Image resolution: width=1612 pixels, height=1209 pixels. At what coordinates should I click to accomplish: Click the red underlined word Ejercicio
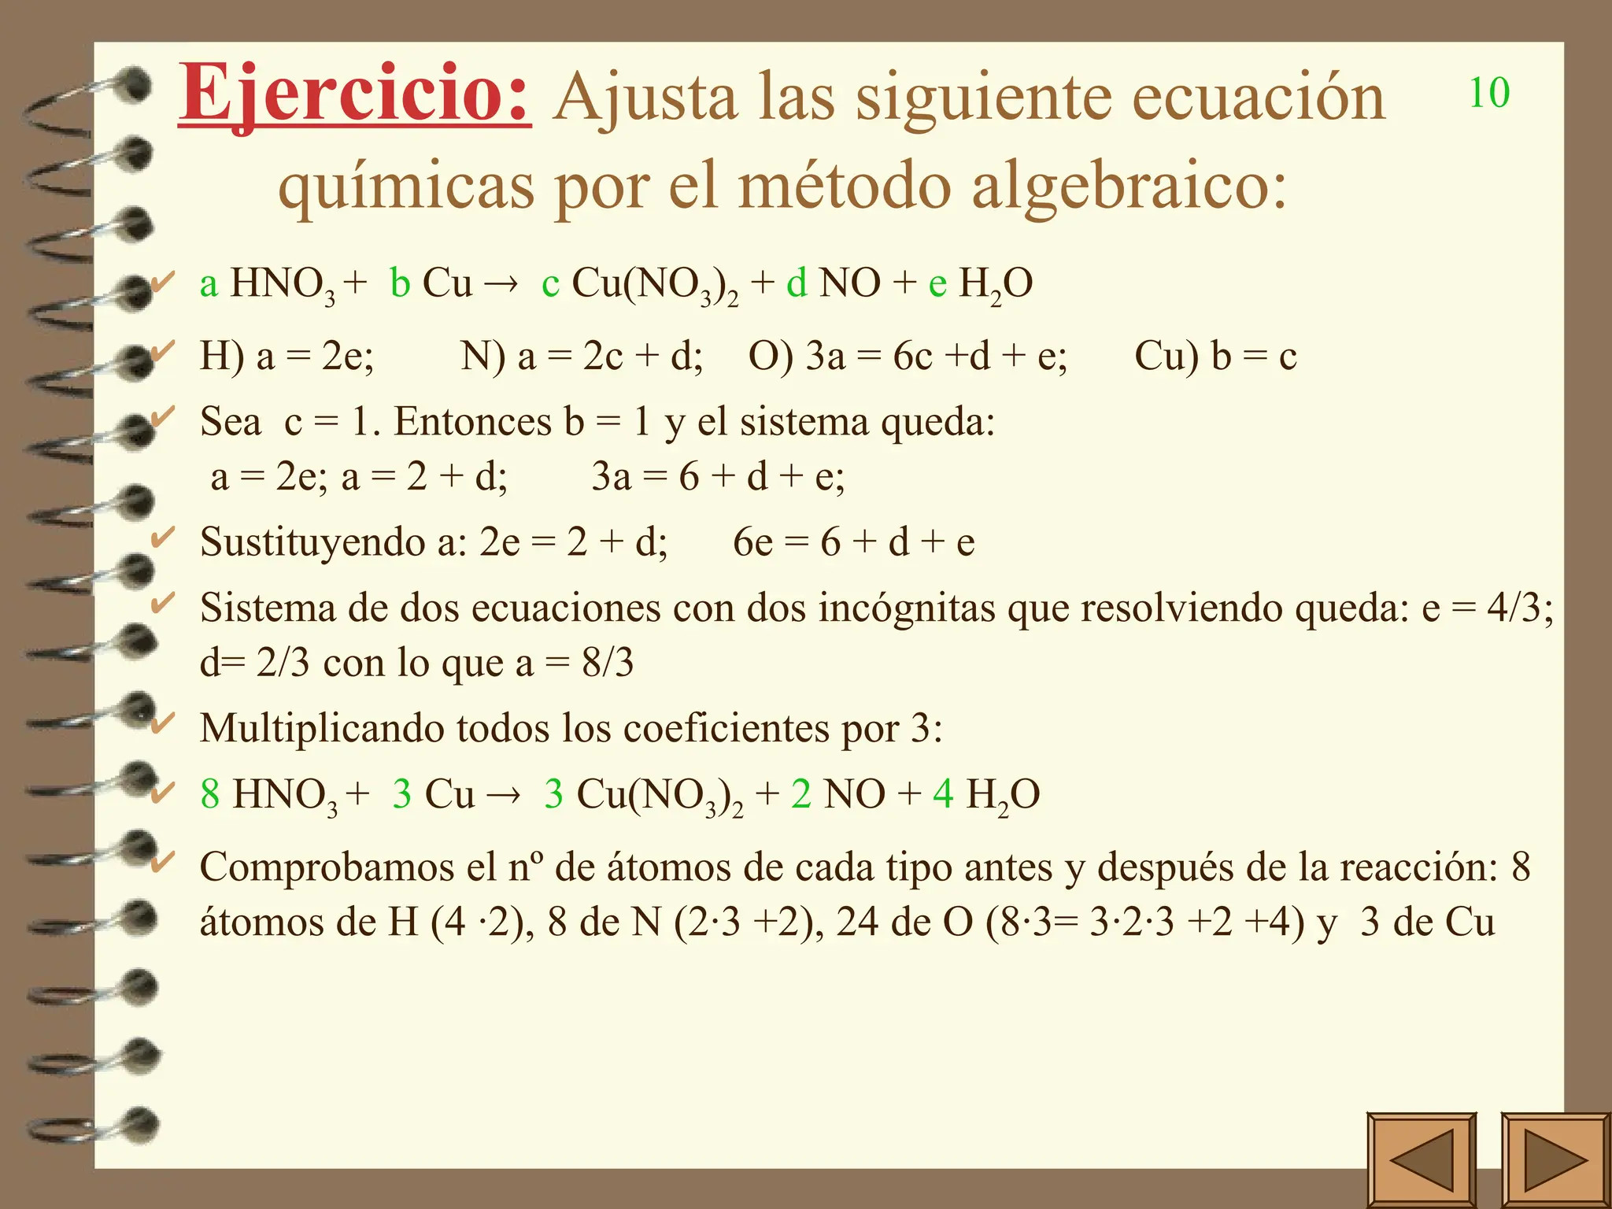[x=354, y=96]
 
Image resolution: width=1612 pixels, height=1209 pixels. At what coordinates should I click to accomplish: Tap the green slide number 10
[x=1489, y=93]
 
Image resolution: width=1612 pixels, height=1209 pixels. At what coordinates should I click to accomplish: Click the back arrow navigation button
[x=1422, y=1159]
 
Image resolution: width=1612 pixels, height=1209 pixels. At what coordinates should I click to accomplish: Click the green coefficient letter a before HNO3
[x=209, y=285]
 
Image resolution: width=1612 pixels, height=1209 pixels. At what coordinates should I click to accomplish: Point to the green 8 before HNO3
[x=210, y=794]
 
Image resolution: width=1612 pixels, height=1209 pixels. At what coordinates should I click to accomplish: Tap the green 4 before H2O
[x=943, y=794]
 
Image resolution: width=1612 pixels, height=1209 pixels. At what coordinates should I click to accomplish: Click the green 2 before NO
[x=801, y=794]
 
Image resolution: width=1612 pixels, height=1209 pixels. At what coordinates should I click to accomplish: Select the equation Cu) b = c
[x=1215, y=357]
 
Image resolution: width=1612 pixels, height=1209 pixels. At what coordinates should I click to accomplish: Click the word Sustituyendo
[x=312, y=542]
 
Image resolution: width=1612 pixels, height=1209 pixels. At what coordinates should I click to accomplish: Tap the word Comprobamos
[x=327, y=867]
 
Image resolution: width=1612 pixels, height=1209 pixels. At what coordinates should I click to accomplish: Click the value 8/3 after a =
[x=608, y=663]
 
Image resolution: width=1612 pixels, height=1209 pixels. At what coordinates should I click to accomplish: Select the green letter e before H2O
[x=937, y=285]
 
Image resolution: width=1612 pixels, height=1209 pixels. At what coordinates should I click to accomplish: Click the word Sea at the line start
[x=230, y=421]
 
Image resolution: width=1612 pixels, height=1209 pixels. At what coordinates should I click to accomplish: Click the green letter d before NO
[x=797, y=283]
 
